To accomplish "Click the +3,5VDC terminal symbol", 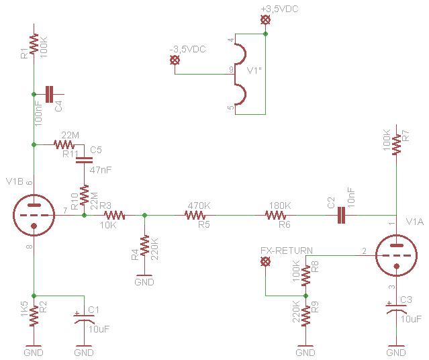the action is point(265,20).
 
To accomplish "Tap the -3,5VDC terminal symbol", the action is point(175,60).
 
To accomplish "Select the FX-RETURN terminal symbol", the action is point(265,261).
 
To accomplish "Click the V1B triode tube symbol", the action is point(34,215).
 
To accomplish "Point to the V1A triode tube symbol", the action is point(396,255).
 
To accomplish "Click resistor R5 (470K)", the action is point(195,215).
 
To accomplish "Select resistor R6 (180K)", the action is point(275,215).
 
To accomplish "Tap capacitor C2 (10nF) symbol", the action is point(341,215).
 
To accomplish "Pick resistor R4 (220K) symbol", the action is point(144,245).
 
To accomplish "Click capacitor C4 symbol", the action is point(49,94).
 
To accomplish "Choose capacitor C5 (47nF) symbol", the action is point(84,160).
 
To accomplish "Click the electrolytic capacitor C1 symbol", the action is point(84,318).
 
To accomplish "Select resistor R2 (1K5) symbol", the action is point(34,316).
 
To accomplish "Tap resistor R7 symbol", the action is point(396,144).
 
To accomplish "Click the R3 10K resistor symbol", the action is point(114,215).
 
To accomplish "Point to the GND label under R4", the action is point(144,282).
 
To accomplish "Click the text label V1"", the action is point(254,71).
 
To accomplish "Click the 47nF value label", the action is point(101,170).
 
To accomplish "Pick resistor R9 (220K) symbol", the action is point(305,316).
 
